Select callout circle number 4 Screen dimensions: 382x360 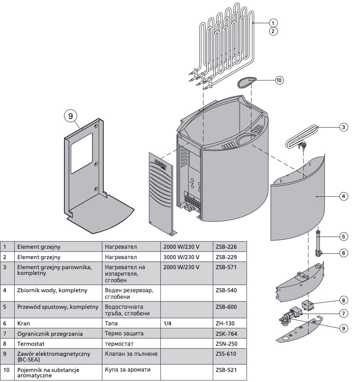click(x=345, y=196)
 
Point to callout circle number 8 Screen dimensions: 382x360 click(x=345, y=300)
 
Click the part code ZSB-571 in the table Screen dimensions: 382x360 click(x=223, y=266)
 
